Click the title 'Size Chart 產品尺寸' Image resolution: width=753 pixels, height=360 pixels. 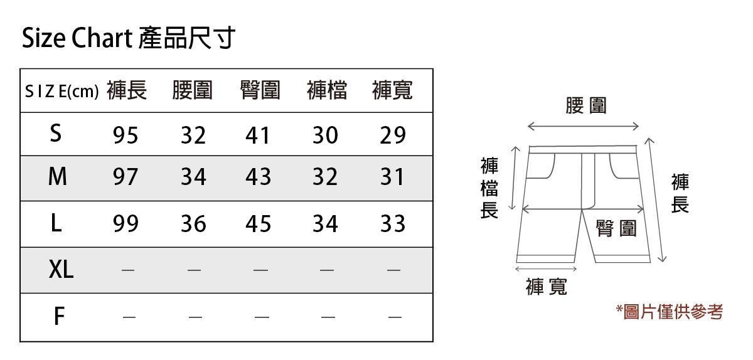pyautogui.click(x=128, y=38)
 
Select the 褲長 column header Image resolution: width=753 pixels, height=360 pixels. pyautogui.click(x=127, y=91)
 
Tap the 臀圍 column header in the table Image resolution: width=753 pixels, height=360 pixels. pyautogui.click(x=260, y=91)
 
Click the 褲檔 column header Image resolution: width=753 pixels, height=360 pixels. pyautogui.click(x=326, y=91)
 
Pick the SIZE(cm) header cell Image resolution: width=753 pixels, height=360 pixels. pyautogui.click(x=61, y=92)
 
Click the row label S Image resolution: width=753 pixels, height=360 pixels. pyautogui.click(x=56, y=134)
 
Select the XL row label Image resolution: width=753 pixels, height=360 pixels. pyautogui.click(x=61, y=270)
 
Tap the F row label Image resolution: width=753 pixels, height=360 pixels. pyautogui.click(x=58, y=317)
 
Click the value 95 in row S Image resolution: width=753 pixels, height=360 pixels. pyautogui.click(x=125, y=135)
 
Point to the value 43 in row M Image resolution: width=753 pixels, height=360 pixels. pyautogui.click(x=259, y=177)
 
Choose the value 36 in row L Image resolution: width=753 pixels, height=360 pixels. pyautogui.click(x=193, y=224)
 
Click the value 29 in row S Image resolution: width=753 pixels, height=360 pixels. pyautogui.click(x=393, y=135)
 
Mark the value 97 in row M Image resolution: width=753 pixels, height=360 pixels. pyautogui.click(x=125, y=177)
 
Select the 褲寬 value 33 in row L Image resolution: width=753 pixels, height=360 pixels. pyautogui.click(x=393, y=224)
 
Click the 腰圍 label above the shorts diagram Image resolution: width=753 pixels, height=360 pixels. pyautogui.click(x=585, y=105)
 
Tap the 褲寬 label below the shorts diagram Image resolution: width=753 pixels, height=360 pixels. pyautogui.click(x=547, y=287)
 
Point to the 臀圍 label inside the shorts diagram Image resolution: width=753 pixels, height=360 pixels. pyautogui.click(x=616, y=229)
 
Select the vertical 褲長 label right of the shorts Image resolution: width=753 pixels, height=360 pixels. pyautogui.click(x=680, y=194)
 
